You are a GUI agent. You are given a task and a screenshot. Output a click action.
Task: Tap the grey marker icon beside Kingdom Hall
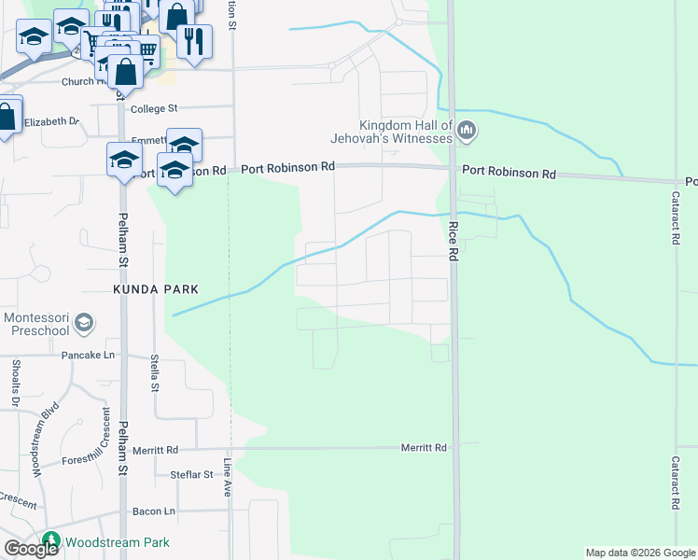(x=468, y=132)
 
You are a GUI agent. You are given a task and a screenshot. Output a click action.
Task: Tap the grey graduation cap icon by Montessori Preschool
(x=84, y=323)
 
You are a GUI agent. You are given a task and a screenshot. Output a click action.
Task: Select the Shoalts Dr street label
(x=16, y=384)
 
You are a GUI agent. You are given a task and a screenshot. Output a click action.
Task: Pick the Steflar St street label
(x=192, y=475)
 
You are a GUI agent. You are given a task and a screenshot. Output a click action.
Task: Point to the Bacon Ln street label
(x=154, y=511)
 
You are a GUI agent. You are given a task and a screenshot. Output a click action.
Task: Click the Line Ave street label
(x=227, y=476)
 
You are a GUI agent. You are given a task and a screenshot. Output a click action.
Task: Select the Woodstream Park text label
(x=117, y=542)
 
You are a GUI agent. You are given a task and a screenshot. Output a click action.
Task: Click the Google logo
(x=31, y=549)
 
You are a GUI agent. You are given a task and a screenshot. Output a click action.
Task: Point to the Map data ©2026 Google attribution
(x=640, y=553)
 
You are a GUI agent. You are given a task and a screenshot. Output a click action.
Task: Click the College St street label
(x=154, y=109)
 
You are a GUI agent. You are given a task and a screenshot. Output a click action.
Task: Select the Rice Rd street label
(x=453, y=239)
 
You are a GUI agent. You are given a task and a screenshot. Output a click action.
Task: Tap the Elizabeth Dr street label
(x=52, y=122)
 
